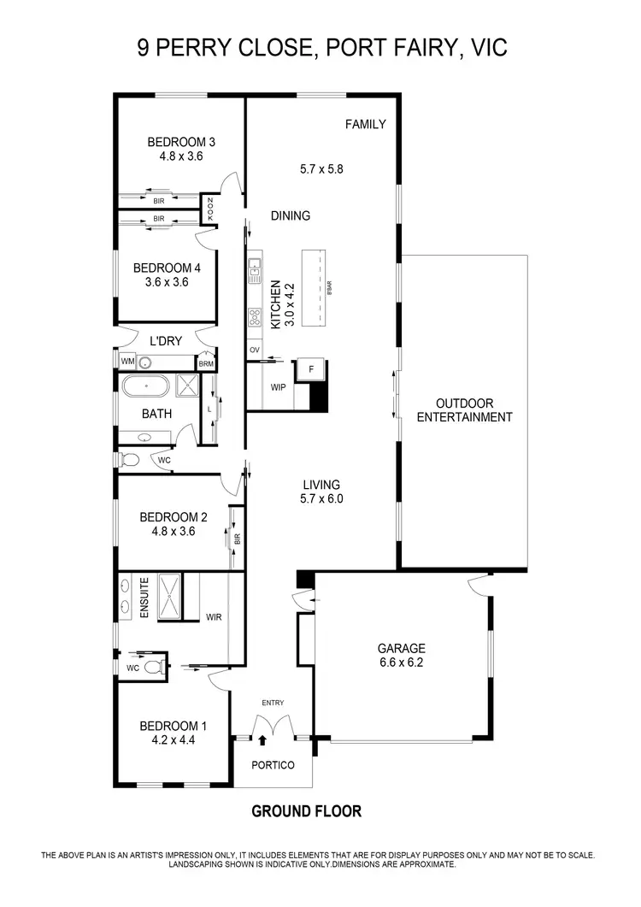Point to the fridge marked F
coord(310,370)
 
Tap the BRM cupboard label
coord(206,364)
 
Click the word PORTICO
coord(273,765)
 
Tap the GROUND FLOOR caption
coord(306,811)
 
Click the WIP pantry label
coord(278,387)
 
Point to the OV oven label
coord(254,350)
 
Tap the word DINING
coord(291,216)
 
